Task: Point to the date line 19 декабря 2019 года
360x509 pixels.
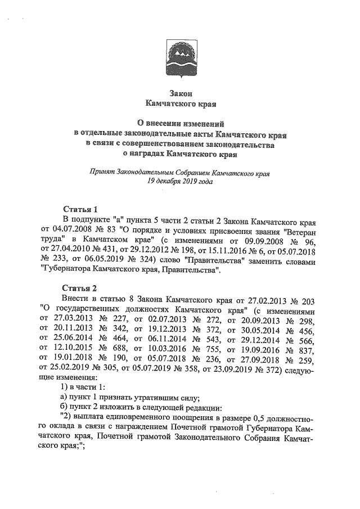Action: (179, 182)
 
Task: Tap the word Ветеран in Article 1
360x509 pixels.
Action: (303, 229)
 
